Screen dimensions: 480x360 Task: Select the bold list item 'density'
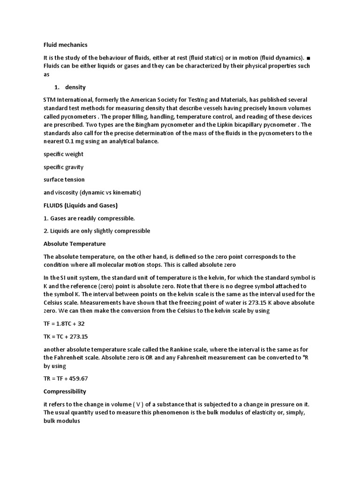click(x=75, y=87)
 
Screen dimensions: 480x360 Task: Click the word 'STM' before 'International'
click(x=50, y=100)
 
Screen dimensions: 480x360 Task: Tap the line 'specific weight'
click(x=63, y=154)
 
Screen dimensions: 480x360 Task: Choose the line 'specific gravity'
click(x=63, y=167)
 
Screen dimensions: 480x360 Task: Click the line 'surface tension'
click(x=64, y=180)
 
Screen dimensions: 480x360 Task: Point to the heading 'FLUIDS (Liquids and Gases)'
click(x=81, y=205)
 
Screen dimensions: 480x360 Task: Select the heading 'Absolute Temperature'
click(x=75, y=244)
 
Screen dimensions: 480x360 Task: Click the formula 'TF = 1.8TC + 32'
click(x=64, y=323)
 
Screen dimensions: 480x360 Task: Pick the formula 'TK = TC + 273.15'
click(x=66, y=336)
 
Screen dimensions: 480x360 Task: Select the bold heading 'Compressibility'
click(x=65, y=391)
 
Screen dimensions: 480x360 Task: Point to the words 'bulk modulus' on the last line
click(x=62, y=420)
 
